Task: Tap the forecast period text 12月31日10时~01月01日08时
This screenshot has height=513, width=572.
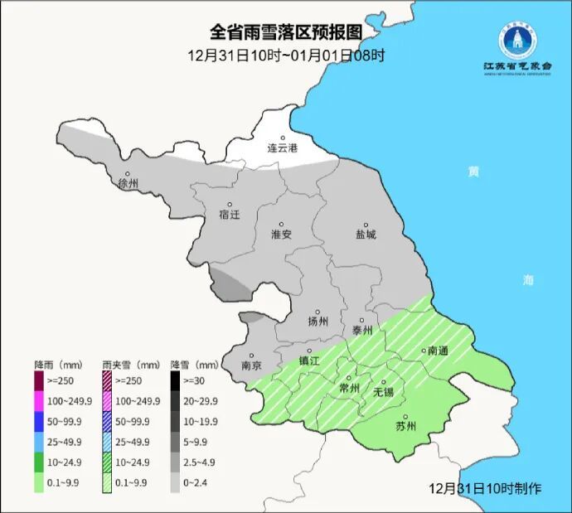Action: (286, 56)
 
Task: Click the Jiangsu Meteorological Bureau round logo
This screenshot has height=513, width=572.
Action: (518, 37)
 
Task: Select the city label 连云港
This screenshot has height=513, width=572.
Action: (282, 148)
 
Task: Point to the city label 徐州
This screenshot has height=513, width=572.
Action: (128, 183)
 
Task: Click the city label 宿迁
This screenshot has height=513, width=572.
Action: (229, 214)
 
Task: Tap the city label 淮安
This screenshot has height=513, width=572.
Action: (282, 234)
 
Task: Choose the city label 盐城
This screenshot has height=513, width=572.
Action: (366, 234)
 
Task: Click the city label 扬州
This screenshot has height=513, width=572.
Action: (318, 321)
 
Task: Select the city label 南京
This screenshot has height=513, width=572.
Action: (251, 365)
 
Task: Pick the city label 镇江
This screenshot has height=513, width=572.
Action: (308, 361)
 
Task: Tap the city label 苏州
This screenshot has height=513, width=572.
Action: (405, 427)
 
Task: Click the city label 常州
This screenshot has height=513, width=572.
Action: (350, 387)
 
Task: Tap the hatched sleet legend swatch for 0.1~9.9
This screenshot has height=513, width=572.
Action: (108, 486)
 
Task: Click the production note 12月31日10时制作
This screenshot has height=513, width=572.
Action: (486, 488)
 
